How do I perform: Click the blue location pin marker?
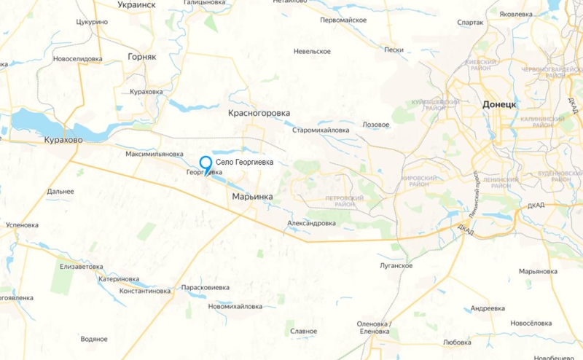(206, 165)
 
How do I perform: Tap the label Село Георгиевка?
(244, 163)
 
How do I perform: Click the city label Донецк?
(499, 105)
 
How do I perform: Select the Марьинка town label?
(252, 197)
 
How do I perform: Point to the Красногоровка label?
(259, 114)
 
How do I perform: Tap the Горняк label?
(142, 56)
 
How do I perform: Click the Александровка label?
(311, 223)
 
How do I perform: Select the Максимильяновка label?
(154, 154)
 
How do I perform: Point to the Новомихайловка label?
(235, 306)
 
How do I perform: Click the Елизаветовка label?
(82, 266)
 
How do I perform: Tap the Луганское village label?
(396, 266)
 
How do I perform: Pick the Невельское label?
(312, 51)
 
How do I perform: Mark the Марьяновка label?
(538, 271)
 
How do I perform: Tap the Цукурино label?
(92, 22)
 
